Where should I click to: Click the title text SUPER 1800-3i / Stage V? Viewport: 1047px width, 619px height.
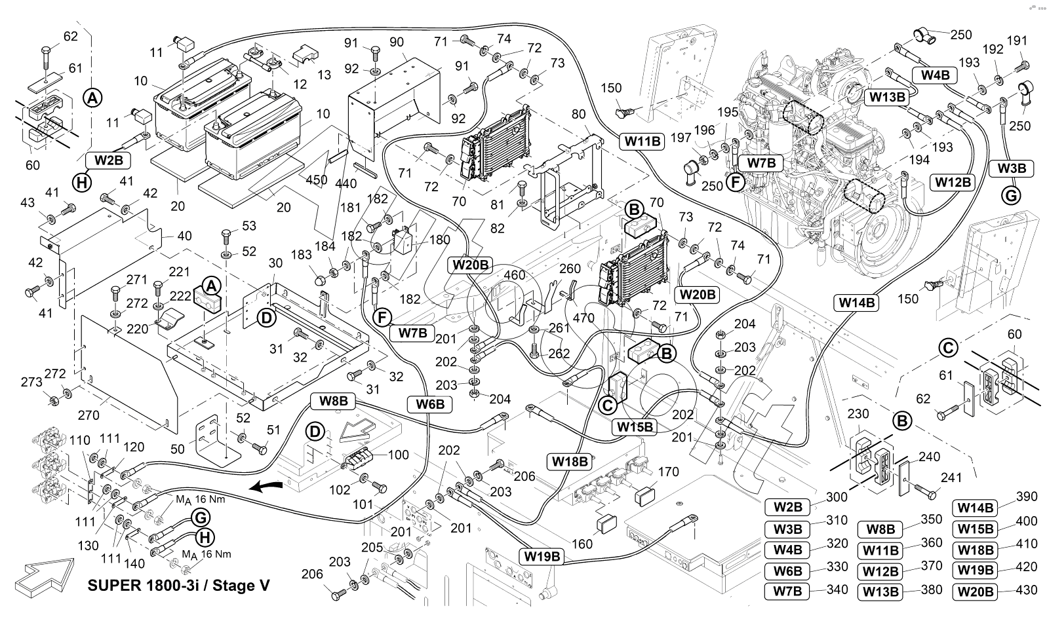[x=178, y=585]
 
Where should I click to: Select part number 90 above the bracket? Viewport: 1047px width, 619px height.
[x=397, y=42]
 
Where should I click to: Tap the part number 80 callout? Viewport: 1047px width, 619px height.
[x=578, y=114]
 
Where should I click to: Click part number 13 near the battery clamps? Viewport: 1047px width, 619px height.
[x=323, y=75]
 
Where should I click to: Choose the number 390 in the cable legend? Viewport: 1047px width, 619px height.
[x=1027, y=497]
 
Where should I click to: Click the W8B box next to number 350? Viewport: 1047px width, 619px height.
[x=880, y=529]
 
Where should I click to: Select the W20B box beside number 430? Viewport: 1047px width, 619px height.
[x=976, y=591]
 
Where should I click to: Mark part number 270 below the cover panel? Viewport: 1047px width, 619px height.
[x=89, y=415]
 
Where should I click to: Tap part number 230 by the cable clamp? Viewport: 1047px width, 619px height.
[x=858, y=414]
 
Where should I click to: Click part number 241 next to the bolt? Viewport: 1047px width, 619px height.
[x=951, y=477]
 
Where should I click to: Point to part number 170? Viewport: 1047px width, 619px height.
[x=668, y=471]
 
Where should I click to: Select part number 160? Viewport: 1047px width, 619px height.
[x=582, y=544]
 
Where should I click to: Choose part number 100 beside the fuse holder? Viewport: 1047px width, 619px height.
[x=399, y=455]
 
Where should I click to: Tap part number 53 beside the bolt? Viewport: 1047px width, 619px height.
[x=249, y=226]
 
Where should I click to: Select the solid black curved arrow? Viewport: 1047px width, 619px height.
[x=267, y=487]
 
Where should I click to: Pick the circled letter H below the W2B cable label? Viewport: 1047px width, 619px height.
[x=82, y=183]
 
